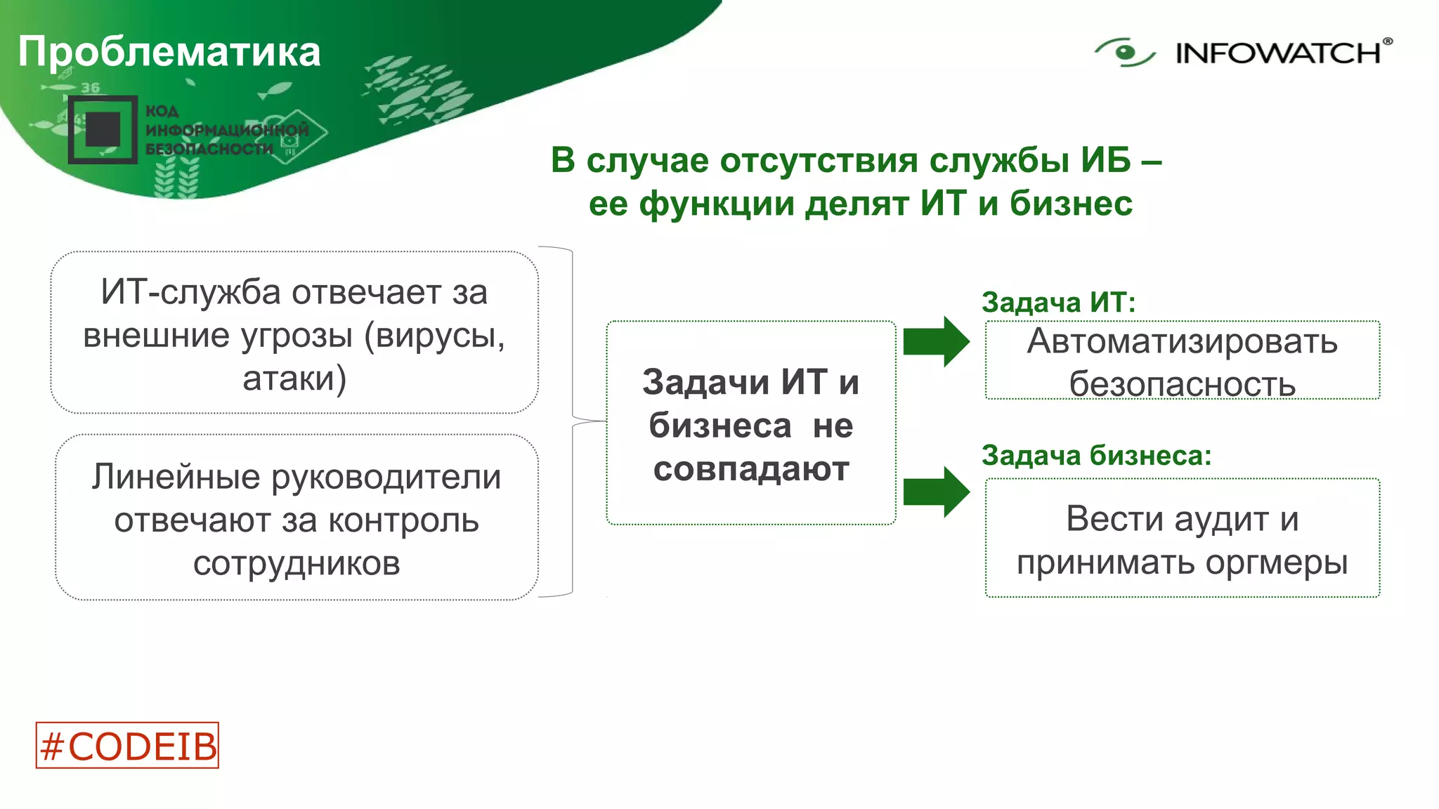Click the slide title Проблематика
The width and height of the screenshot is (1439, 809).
click(x=169, y=52)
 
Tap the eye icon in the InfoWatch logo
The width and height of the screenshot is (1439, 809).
click(x=1124, y=52)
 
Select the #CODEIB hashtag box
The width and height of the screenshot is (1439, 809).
click(x=127, y=745)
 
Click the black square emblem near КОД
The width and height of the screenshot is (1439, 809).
click(x=103, y=130)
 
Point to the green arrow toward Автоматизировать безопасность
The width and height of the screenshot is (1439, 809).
click(x=935, y=342)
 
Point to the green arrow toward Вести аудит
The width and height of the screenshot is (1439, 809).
click(x=935, y=492)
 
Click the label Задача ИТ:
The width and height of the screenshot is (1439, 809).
click(x=1058, y=302)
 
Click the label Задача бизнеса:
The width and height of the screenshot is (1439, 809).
click(x=1096, y=455)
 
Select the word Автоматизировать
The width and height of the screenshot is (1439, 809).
click(x=1182, y=342)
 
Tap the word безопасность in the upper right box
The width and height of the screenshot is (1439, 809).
click(x=1182, y=385)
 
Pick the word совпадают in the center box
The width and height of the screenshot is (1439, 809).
click(x=750, y=468)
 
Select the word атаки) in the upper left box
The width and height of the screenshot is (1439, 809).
click(x=294, y=379)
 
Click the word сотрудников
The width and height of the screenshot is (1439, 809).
click(x=297, y=563)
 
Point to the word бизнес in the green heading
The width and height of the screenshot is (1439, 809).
click(x=1071, y=204)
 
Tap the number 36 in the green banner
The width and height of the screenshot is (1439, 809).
click(x=91, y=88)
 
